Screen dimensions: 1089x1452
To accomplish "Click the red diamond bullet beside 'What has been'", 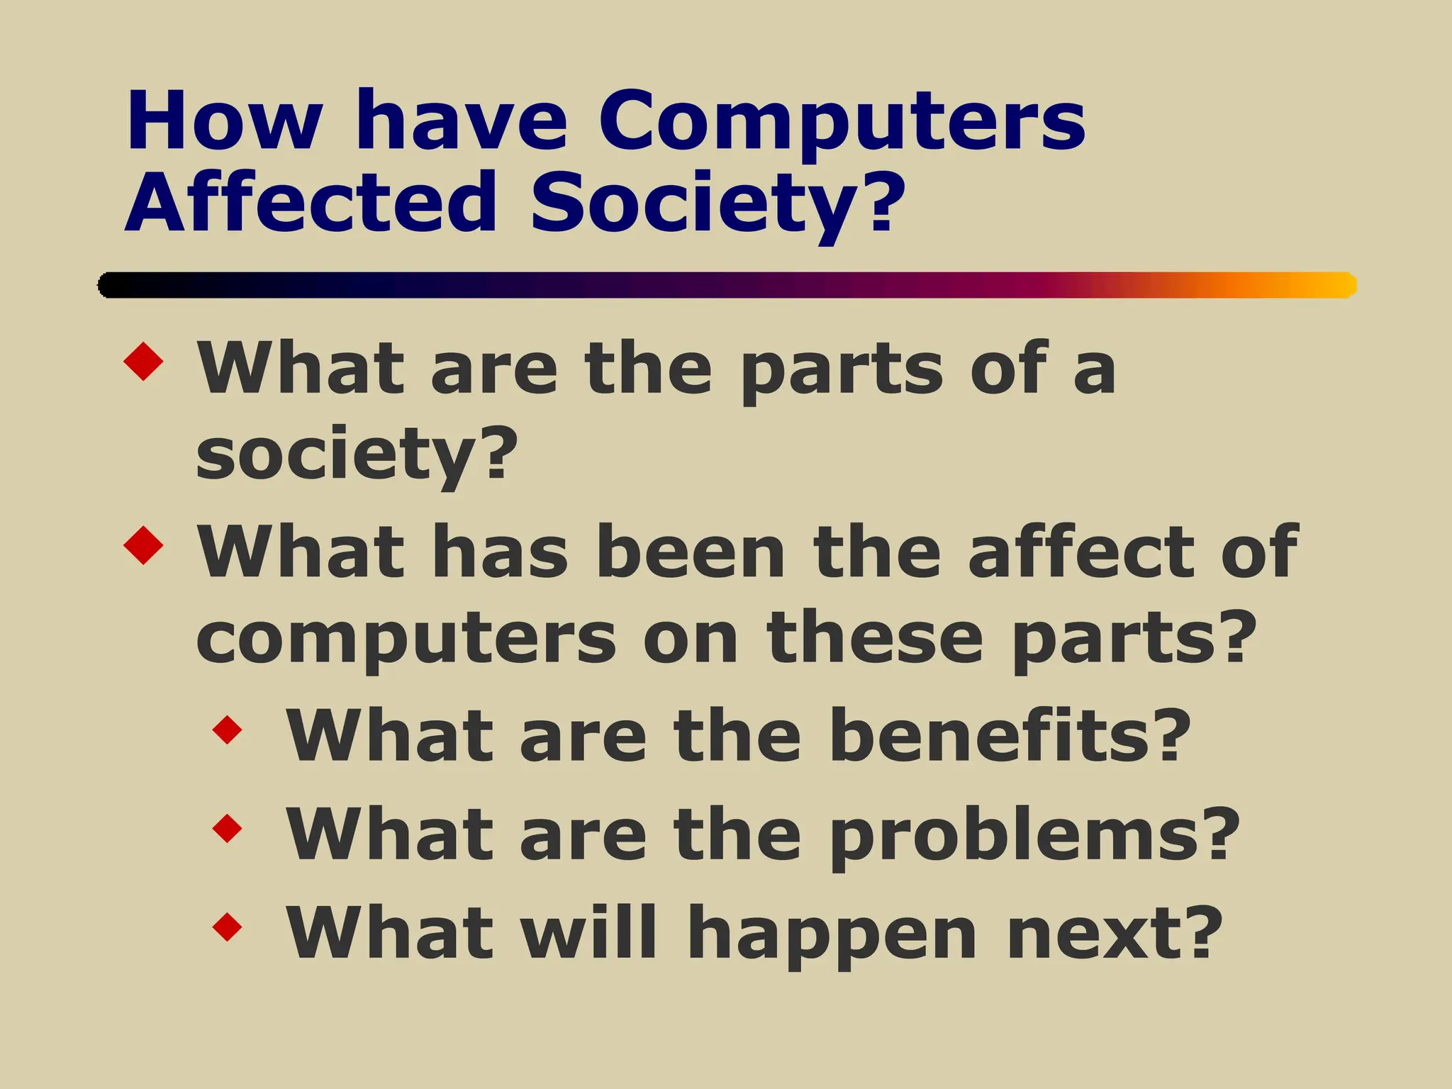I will point(143,544).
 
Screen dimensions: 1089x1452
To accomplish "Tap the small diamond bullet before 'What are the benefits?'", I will point(228,730).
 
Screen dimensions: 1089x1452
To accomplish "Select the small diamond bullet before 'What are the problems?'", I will point(228,828).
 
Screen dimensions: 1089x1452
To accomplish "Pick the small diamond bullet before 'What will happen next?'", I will point(228,927).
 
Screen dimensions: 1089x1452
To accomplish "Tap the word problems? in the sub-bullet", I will point(1034,835).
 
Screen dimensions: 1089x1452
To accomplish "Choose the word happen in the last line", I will point(832,934).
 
